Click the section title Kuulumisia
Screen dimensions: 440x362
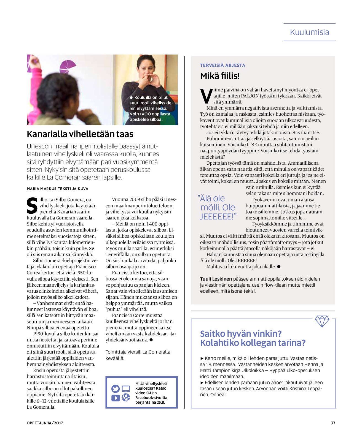click(309, 32)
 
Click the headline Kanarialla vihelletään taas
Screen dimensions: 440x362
click(80, 134)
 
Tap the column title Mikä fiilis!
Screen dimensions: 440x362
click(220, 76)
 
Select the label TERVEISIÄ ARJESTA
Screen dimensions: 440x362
click(222, 65)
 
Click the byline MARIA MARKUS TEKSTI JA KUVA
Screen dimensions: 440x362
click(57, 189)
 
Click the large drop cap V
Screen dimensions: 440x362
click(206, 96)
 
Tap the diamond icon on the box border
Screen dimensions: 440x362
click(322, 321)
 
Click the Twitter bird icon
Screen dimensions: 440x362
click(115, 389)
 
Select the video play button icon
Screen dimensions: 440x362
click(115, 398)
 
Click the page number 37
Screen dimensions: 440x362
click(333, 423)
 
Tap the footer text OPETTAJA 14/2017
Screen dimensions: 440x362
click(45, 423)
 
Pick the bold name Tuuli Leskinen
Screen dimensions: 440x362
click(216, 279)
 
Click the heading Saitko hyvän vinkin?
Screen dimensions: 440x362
click(241, 334)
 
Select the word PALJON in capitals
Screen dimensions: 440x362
click(250, 96)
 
